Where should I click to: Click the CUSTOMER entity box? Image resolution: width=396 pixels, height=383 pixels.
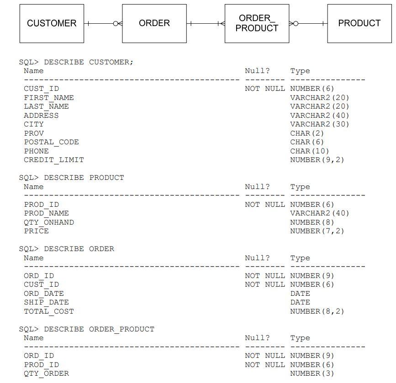pyautogui.click(x=52, y=24)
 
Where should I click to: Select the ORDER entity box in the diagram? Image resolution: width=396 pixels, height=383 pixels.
pyautogui.click(x=154, y=24)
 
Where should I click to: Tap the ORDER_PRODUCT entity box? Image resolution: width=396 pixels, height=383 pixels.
pyautogui.click(x=257, y=24)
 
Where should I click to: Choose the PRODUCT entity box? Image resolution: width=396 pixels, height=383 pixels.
pyautogui.click(x=359, y=24)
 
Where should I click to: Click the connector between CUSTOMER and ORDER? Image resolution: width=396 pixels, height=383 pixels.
pyautogui.click(x=103, y=24)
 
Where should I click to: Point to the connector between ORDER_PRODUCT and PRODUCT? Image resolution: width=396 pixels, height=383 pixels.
pyautogui.click(x=308, y=24)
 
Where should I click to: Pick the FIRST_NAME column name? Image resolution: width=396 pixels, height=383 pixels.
pyautogui.click(x=49, y=98)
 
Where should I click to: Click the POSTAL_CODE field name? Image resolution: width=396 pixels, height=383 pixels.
pyautogui.click(x=51, y=142)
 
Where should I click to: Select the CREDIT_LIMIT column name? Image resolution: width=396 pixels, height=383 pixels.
pyautogui.click(x=54, y=160)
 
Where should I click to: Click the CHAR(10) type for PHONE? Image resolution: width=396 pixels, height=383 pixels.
pyautogui.click(x=310, y=151)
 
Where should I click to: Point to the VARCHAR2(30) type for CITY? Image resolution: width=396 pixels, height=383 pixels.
pyautogui.click(x=320, y=124)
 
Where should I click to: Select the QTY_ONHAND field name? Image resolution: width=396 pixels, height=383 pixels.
pyautogui.click(x=49, y=222)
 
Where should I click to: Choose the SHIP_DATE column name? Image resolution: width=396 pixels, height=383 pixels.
pyautogui.click(x=46, y=302)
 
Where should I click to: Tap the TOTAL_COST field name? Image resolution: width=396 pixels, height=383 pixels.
pyautogui.click(x=49, y=311)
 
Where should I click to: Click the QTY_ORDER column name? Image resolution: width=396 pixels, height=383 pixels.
pyautogui.click(x=46, y=373)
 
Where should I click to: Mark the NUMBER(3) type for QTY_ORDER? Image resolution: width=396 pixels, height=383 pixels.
pyautogui.click(x=312, y=373)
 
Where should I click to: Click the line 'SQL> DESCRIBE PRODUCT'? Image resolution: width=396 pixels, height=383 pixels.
pyautogui.click(x=71, y=178)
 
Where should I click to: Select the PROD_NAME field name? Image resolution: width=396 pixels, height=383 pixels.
pyautogui.click(x=46, y=213)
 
